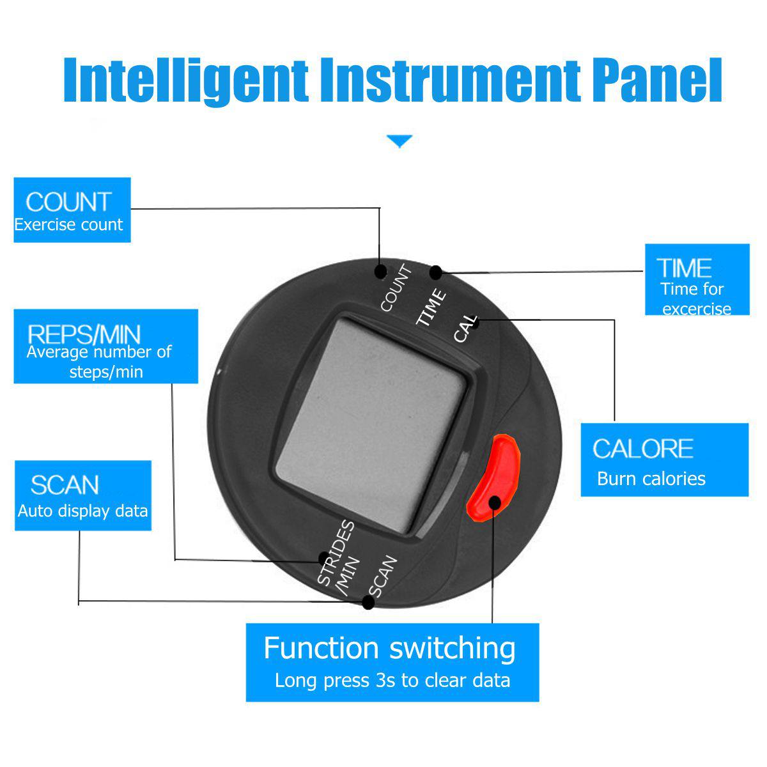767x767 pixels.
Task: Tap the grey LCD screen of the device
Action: pos(370,425)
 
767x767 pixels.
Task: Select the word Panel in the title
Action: pos(657,80)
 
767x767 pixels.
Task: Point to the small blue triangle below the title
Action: pos(399,141)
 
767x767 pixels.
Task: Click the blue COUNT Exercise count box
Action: pos(72,210)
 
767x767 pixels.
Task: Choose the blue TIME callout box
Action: pos(697,280)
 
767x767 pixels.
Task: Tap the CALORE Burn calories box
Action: pos(664,460)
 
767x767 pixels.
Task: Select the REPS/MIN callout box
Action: pos(106,346)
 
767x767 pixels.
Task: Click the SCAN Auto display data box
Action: pos(83,495)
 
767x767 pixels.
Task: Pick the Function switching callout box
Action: pos(392,662)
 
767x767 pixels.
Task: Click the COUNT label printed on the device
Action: pos(396,288)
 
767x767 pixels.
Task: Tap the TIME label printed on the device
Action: pos(431,307)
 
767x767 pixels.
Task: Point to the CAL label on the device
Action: pos(465,329)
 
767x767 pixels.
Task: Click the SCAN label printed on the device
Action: pos(383,576)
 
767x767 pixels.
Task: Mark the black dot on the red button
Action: pos(495,503)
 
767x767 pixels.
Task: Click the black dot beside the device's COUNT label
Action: pos(381,272)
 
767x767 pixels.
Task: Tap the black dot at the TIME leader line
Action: pos(437,273)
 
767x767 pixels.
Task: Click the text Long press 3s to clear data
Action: pos(392,680)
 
